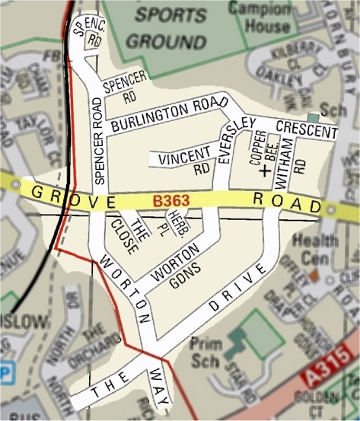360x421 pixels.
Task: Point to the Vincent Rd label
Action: pos(183,159)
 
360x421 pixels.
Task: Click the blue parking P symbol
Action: pos(7,374)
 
